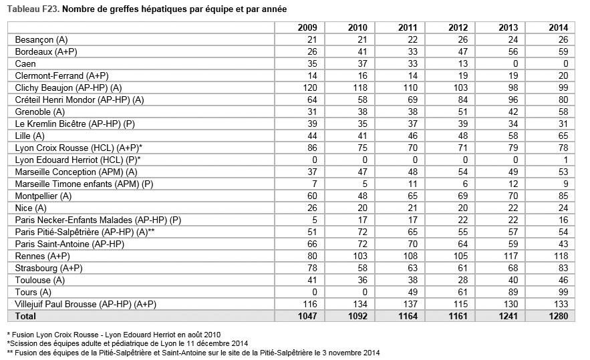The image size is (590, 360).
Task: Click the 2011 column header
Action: click(408, 27)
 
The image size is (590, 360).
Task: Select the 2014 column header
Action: click(559, 27)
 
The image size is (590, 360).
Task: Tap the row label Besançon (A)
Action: click(41, 39)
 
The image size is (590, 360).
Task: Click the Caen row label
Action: click(25, 63)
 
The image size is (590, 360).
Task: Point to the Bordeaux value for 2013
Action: click(513, 51)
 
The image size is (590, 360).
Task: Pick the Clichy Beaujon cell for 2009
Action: click(310, 87)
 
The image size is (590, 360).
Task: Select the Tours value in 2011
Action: click(412, 292)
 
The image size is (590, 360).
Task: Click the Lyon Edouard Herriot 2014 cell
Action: click(565, 160)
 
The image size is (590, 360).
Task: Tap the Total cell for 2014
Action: click(559, 316)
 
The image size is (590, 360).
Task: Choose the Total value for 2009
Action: click(307, 316)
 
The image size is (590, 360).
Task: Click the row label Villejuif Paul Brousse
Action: click(86, 304)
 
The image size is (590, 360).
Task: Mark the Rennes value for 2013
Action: click(510, 256)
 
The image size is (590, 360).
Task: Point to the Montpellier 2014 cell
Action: click(563, 196)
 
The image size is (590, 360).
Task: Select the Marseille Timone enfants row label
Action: click(84, 184)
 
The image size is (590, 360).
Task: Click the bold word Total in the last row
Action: click(25, 316)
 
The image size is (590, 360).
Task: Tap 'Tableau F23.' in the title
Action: click(33, 9)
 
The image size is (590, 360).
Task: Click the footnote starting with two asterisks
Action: click(193, 353)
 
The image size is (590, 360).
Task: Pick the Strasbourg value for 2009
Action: click(312, 268)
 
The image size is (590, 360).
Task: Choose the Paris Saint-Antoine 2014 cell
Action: click(563, 244)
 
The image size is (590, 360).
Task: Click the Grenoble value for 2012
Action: click(462, 112)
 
